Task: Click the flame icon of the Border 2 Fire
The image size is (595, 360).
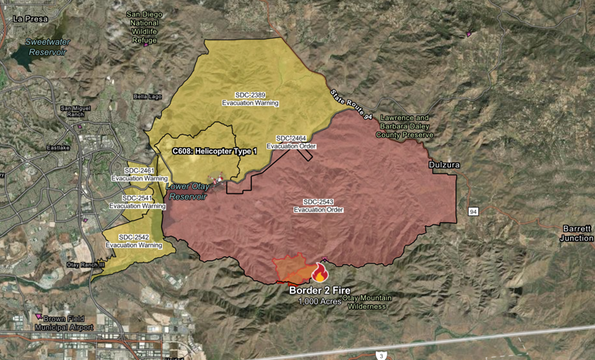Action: point(318,272)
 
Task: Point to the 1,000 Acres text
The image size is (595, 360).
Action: point(319,301)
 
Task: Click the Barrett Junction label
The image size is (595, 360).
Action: point(576,233)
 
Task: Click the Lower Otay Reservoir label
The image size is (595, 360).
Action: point(187,191)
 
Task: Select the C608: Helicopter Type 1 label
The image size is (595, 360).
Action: point(215,151)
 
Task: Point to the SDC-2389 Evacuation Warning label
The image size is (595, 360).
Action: point(250,98)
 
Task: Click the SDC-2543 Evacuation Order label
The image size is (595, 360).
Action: point(318,205)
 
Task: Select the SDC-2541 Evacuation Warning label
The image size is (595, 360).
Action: point(137,202)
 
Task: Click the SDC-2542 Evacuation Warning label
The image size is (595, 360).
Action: point(133,241)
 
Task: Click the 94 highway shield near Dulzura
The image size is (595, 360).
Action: point(473,211)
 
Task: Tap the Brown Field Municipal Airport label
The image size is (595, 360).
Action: point(64,323)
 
